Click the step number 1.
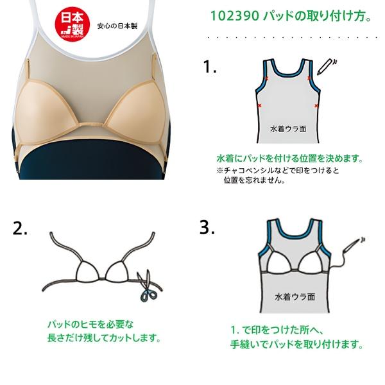pos(209,67)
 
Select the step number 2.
pos(21,228)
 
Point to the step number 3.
pos(207,227)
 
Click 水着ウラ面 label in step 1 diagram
pos(287,128)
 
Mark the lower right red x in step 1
pos(317,104)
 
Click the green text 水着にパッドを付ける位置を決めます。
pos(289,158)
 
